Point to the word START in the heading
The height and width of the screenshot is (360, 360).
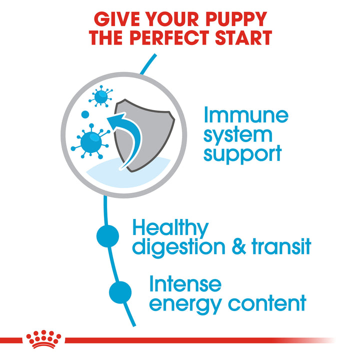241,38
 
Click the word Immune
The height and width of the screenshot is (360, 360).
245,115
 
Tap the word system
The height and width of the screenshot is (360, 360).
238,134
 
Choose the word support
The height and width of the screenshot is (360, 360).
242,153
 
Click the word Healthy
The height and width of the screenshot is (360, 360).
170,228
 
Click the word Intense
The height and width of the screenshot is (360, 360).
185,284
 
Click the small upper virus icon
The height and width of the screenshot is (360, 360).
102,94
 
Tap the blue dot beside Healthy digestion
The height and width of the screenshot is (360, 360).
107,235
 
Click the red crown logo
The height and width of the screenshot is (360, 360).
45,339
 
